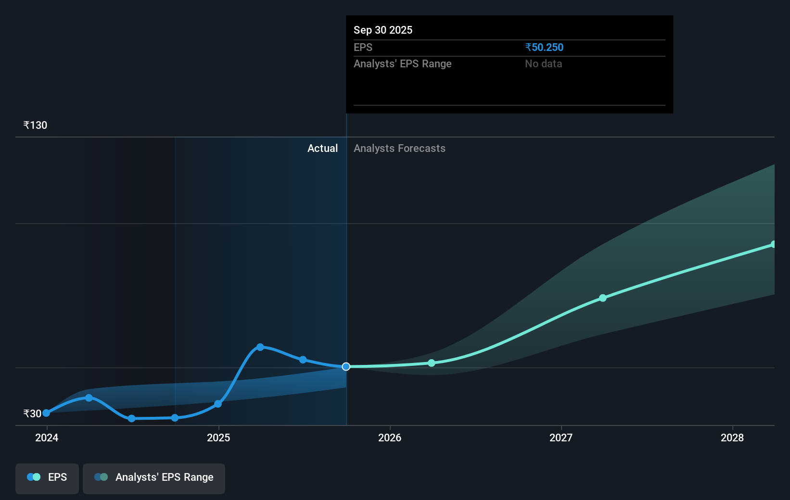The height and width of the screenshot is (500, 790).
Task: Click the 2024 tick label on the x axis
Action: [x=47, y=437]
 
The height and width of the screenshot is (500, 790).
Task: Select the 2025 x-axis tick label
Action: [x=218, y=437]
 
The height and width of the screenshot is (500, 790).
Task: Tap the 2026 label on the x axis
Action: [x=390, y=437]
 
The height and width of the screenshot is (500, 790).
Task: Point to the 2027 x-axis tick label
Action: [x=561, y=437]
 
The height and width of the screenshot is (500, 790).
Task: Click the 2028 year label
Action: [x=732, y=437]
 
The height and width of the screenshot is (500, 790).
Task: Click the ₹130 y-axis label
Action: [x=35, y=125]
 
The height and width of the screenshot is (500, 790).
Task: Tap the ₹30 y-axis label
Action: [x=32, y=413]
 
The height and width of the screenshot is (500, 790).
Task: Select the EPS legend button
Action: [x=47, y=477]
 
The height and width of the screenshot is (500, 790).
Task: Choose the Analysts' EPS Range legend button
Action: [x=154, y=477]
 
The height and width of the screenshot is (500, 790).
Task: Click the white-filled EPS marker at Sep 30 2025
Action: [x=346, y=367]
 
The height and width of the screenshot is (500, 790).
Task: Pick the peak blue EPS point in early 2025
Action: [x=260, y=347]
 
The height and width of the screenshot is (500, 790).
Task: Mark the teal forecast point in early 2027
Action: [x=603, y=298]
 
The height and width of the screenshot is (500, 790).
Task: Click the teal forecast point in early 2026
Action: [x=432, y=363]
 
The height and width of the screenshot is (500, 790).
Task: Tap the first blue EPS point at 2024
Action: [x=46, y=413]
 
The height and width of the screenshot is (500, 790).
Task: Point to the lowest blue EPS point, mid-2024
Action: [x=132, y=419]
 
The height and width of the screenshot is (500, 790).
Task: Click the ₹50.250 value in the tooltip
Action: [x=544, y=48]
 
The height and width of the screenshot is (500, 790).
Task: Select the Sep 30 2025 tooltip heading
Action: [x=383, y=30]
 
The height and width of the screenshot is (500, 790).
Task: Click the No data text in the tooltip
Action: [x=543, y=64]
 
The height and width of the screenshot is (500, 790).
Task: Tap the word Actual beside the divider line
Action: [x=322, y=149]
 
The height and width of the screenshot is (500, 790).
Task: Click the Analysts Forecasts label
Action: [x=399, y=149]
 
